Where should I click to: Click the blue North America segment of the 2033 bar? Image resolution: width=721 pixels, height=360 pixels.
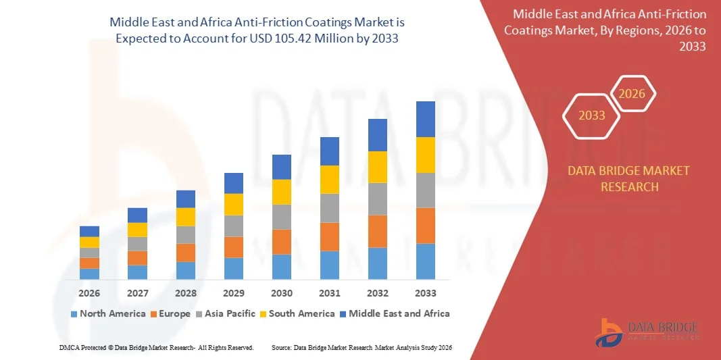click(x=425, y=261)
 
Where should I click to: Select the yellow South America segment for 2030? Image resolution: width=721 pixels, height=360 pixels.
click(x=282, y=192)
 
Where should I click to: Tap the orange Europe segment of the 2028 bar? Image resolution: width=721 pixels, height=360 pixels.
click(x=186, y=253)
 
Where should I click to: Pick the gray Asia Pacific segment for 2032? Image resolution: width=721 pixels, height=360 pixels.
click(x=377, y=199)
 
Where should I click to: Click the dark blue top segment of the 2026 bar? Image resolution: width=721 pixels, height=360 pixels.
click(x=89, y=231)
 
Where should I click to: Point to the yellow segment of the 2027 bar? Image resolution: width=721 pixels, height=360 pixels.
click(x=137, y=230)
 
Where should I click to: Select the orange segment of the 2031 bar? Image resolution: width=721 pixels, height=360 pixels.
click(x=329, y=236)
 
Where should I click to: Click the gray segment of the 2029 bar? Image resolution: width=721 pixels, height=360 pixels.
click(x=234, y=226)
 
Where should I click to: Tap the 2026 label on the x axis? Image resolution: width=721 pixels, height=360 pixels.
click(x=89, y=293)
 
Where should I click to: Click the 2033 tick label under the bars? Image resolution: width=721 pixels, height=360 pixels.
click(x=425, y=293)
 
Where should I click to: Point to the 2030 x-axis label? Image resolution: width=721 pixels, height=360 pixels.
click(x=282, y=293)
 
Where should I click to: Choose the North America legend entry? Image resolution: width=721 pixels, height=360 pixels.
click(x=108, y=313)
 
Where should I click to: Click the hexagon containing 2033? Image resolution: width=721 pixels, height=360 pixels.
click(x=592, y=115)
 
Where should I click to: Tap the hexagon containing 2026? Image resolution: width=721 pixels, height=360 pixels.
click(x=632, y=94)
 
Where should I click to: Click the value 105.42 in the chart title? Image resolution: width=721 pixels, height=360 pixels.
click(x=292, y=38)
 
